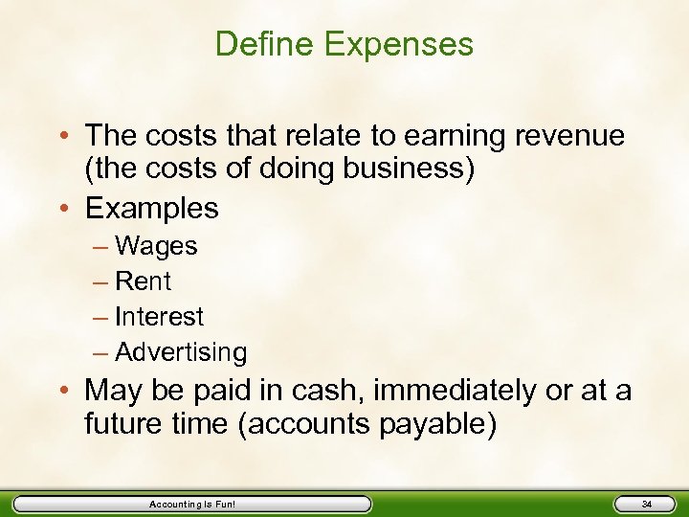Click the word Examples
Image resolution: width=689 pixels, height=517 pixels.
pyautogui.click(x=151, y=208)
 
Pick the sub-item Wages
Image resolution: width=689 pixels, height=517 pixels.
pyautogui.click(x=156, y=246)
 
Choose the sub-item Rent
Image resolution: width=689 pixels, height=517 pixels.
pyautogui.click(x=143, y=281)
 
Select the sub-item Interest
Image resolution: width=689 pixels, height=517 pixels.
pyautogui.click(x=159, y=316)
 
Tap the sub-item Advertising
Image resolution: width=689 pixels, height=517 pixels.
pyautogui.click(x=181, y=352)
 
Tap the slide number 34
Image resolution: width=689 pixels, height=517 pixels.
pyautogui.click(x=647, y=505)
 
